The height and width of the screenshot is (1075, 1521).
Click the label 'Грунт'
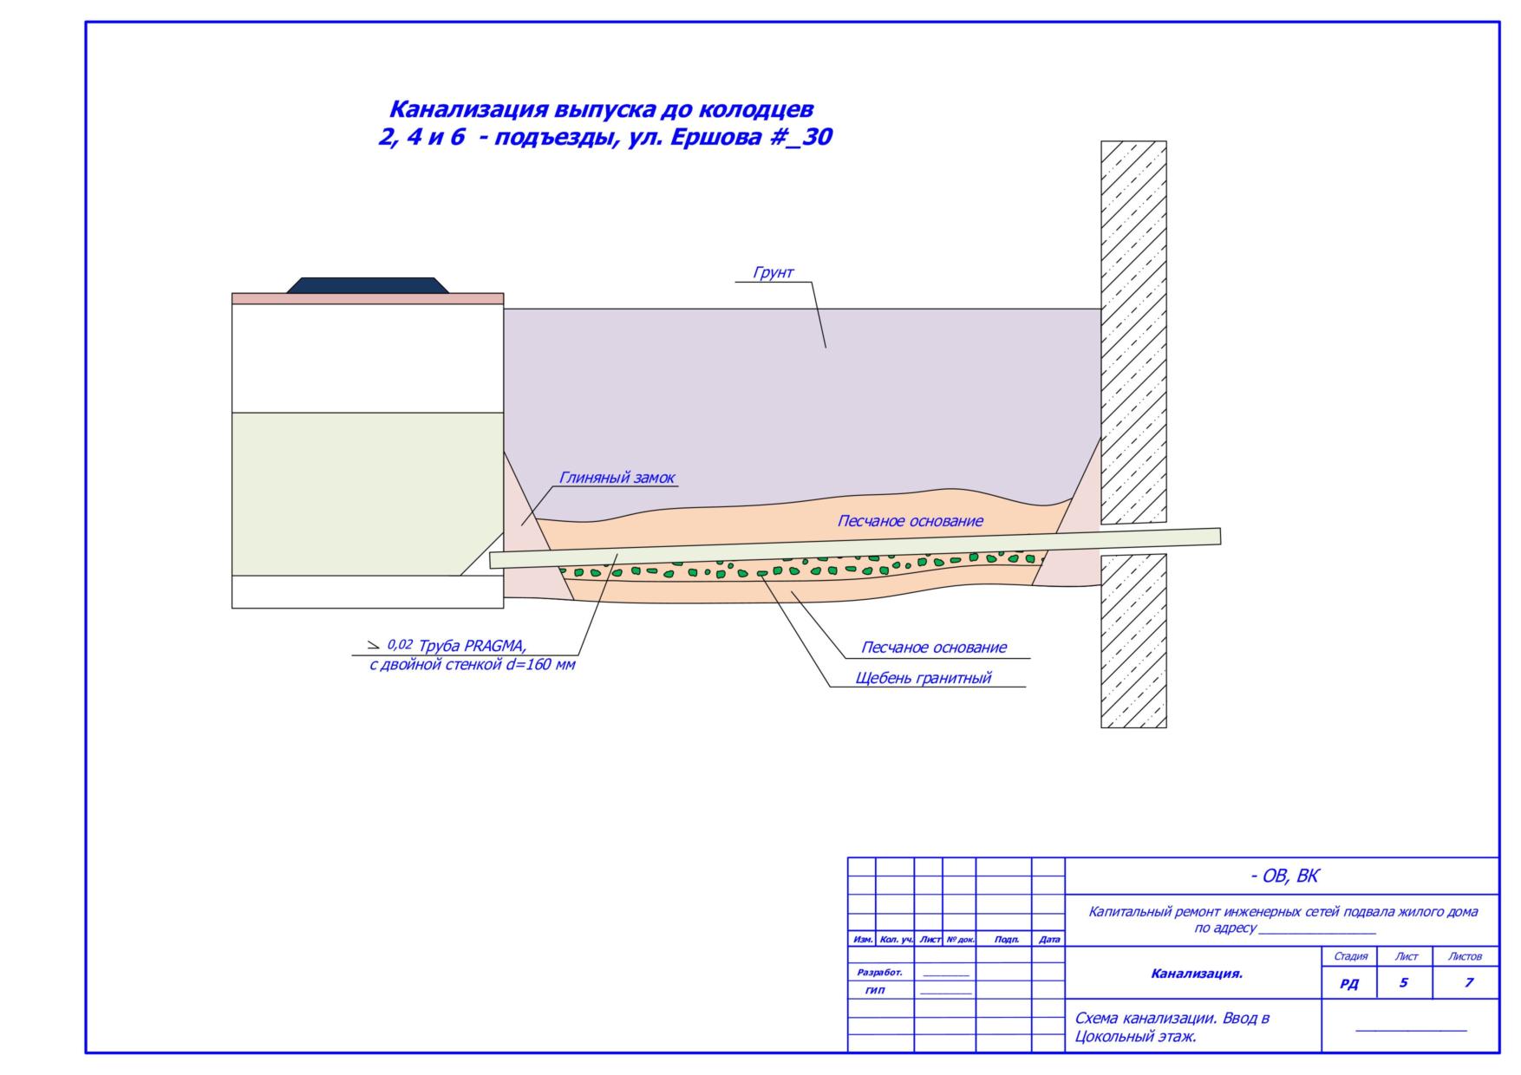click(773, 273)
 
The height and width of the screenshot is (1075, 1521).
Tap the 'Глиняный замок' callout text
click(617, 478)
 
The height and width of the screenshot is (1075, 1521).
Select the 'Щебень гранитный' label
click(923, 678)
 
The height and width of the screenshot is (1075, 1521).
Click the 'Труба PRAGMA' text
click(472, 646)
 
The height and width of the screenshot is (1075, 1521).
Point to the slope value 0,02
click(400, 645)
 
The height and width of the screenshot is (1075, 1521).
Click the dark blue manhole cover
click(368, 285)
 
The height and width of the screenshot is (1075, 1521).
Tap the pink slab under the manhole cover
click(367, 298)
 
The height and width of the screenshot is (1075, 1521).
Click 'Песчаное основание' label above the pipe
click(910, 521)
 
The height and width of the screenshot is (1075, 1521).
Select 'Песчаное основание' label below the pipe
click(933, 648)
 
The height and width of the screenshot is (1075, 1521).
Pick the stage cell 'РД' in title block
click(1349, 984)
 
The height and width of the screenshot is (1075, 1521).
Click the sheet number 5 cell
click(1403, 983)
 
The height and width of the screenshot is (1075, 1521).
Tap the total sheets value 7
click(1468, 983)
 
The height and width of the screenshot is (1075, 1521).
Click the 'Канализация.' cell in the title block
click(1197, 974)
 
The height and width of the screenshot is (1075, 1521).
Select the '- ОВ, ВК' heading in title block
click(1283, 876)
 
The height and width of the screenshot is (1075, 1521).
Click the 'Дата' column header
click(1048, 940)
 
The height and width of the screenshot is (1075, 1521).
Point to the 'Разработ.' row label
click(879, 973)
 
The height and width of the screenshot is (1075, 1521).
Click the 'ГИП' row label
click(876, 990)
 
